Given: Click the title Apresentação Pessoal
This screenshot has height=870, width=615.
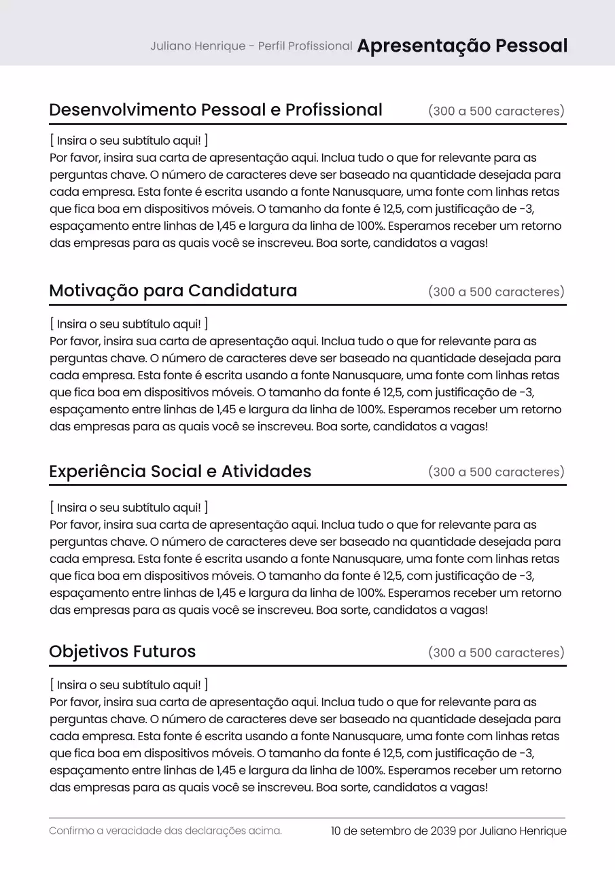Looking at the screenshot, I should [x=462, y=46].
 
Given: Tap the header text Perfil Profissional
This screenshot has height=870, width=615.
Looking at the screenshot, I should [x=305, y=46].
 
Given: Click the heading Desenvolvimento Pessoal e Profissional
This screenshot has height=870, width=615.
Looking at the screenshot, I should [x=215, y=109].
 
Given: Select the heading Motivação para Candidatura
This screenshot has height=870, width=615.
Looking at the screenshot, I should [x=173, y=291].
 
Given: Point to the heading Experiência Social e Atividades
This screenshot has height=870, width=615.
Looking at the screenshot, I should [x=180, y=471].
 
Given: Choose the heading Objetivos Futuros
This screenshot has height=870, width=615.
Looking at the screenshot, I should [x=122, y=651].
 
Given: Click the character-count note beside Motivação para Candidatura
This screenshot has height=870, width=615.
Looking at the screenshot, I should [x=496, y=292].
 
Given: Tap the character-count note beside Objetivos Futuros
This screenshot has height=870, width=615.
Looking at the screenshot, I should [x=496, y=652].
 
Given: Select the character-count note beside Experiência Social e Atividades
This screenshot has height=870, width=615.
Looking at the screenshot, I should [x=496, y=472].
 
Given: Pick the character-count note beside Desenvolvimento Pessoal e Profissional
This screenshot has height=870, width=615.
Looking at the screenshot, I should [x=496, y=111].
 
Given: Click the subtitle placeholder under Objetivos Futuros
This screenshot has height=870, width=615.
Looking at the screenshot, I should [x=129, y=685].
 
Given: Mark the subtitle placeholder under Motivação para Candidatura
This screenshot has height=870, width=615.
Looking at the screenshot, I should [x=129, y=324].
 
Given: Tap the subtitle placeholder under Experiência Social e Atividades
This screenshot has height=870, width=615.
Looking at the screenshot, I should [x=129, y=508].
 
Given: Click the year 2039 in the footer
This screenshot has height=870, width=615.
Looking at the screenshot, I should [x=443, y=831].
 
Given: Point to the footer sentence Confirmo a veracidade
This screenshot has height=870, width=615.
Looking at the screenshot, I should [x=165, y=831].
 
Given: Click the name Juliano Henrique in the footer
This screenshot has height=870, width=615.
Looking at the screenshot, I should [x=523, y=831].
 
